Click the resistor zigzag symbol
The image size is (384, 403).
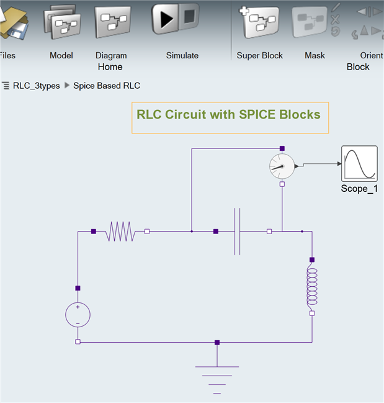coord(120,232)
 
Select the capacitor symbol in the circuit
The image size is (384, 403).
coord(237,232)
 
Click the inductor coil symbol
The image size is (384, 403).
coord(311,286)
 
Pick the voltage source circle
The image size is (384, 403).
coord(78,315)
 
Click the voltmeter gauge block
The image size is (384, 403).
coord(282,166)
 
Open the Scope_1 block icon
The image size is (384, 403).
coord(359,163)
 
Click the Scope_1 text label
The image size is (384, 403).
coord(359,189)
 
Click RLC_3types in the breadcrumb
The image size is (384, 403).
coord(36,86)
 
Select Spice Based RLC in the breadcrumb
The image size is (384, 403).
coord(107,86)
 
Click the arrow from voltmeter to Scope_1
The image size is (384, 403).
coord(319,164)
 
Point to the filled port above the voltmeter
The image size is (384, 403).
coord(282,148)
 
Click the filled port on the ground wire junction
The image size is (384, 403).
coord(217,342)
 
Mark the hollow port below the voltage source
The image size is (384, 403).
coord(78,342)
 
